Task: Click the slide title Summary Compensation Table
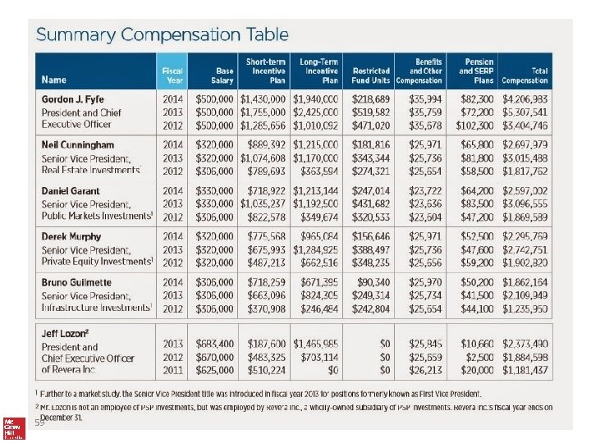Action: click(162, 34)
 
